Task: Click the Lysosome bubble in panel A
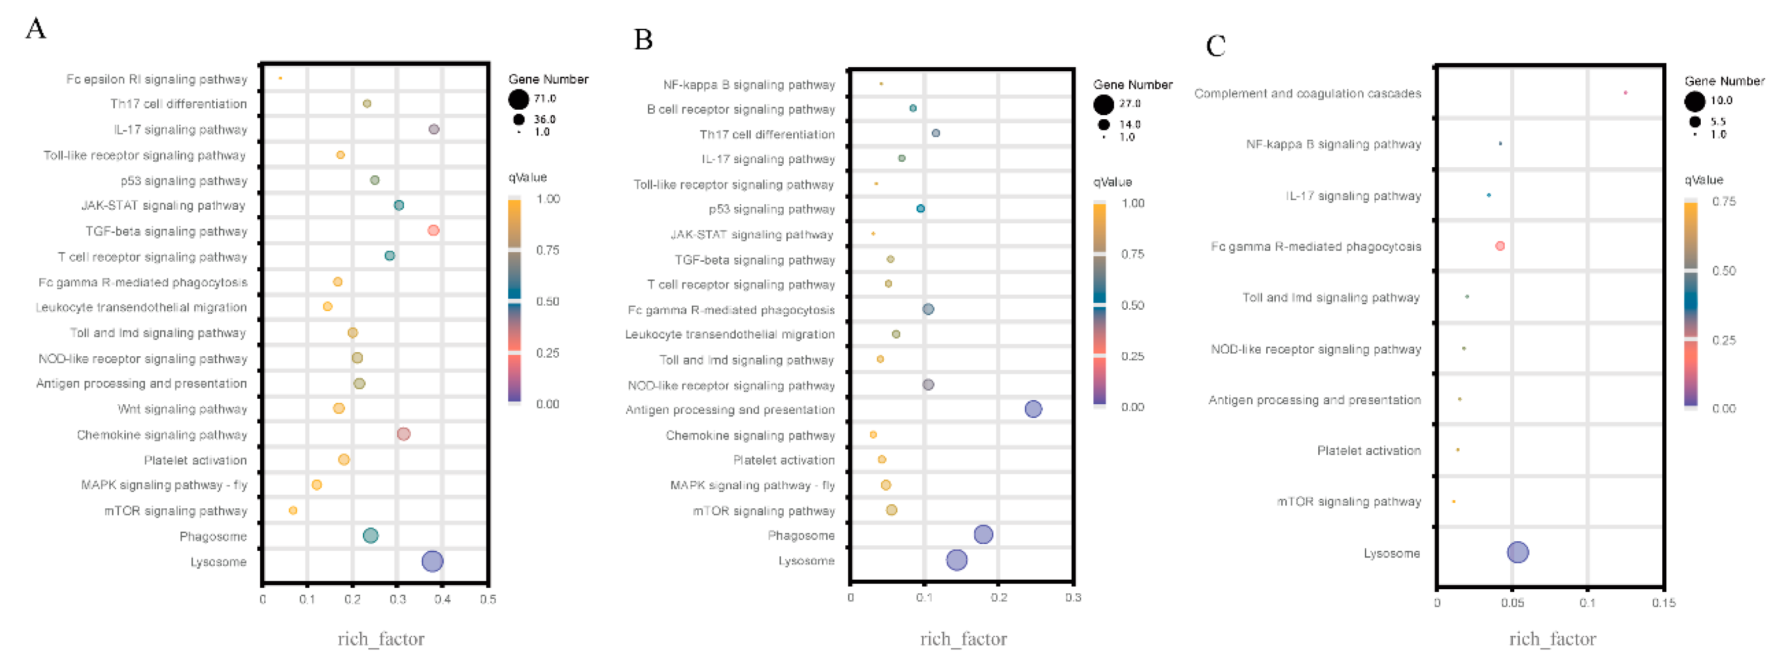[x=432, y=561]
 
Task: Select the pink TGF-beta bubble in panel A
[x=433, y=230]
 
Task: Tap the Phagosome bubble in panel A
[x=370, y=535]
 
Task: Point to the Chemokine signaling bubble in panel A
[x=404, y=434]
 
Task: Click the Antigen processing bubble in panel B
[x=1033, y=409]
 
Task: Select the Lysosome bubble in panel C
[x=1517, y=552]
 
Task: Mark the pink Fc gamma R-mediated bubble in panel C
[x=1500, y=246]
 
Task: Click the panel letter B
[x=643, y=39]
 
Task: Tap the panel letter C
[x=1216, y=46]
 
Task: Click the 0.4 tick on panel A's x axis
[x=443, y=599]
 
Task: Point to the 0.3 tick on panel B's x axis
[x=1072, y=597]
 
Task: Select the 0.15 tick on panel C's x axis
[x=1663, y=603]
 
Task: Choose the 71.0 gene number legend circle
[x=518, y=100]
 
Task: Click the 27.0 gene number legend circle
[x=1103, y=105]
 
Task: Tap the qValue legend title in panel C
[x=1703, y=180]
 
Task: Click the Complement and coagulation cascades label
[x=1307, y=93]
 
